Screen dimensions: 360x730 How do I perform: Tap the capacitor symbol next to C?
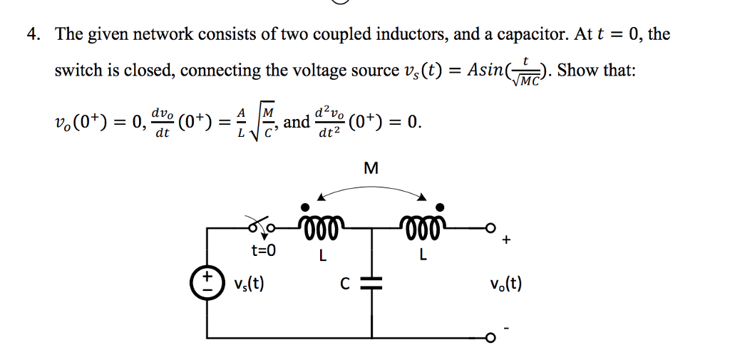pos(372,284)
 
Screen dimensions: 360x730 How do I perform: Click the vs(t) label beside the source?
pos(249,284)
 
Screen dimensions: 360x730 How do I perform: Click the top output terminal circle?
pos(490,229)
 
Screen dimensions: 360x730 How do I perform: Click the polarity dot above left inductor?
pos(304,207)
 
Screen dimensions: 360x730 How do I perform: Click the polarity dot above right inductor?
pos(441,207)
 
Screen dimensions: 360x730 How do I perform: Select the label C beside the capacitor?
pos(344,284)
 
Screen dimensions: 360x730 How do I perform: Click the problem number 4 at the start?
pos(32,34)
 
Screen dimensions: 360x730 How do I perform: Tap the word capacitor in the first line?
pos(524,34)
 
